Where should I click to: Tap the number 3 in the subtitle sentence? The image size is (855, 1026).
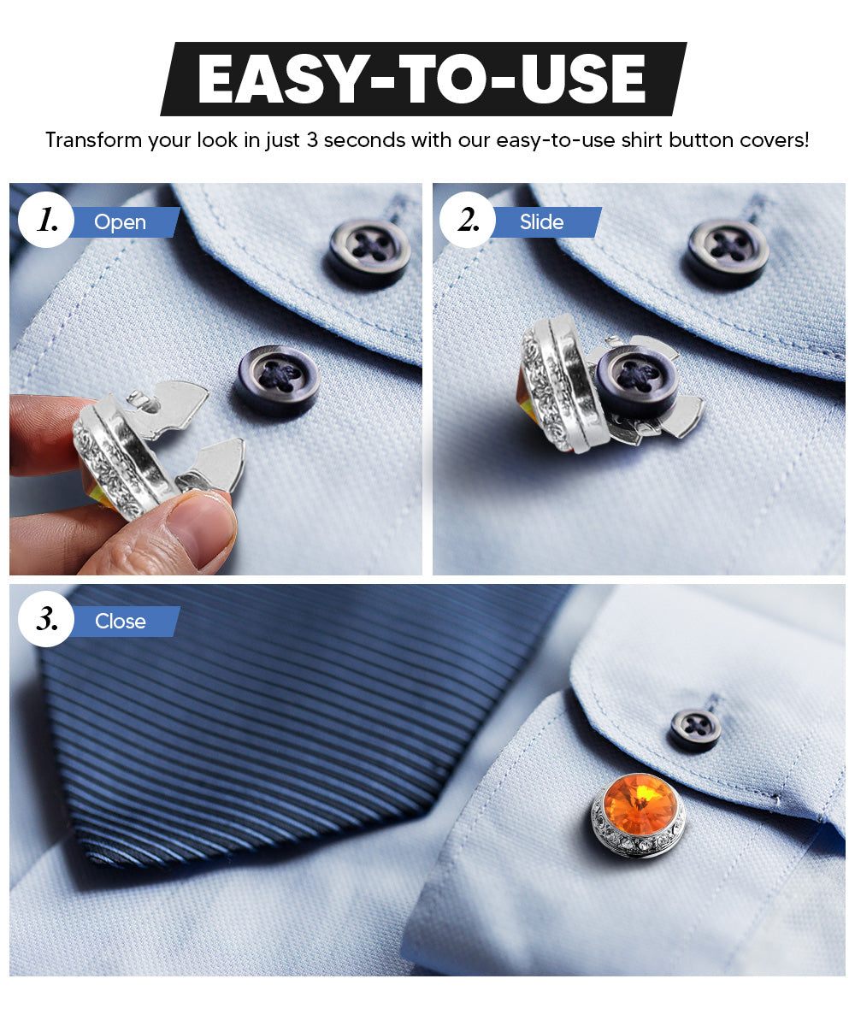point(312,140)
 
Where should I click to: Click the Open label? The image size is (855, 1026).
point(120,222)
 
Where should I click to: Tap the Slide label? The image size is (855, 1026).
point(541,222)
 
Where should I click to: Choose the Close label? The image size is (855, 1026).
point(120,622)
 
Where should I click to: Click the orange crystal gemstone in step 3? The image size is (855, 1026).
point(637,799)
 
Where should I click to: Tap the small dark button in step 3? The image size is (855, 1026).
point(695,729)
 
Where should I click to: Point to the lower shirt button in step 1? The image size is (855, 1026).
point(277,379)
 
